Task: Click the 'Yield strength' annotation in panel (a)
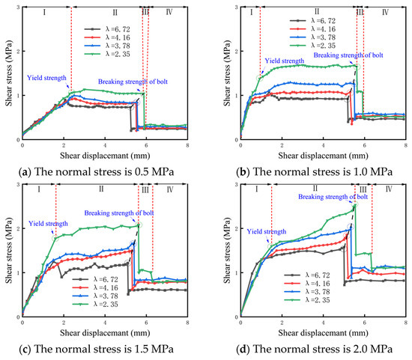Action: [48, 76]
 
